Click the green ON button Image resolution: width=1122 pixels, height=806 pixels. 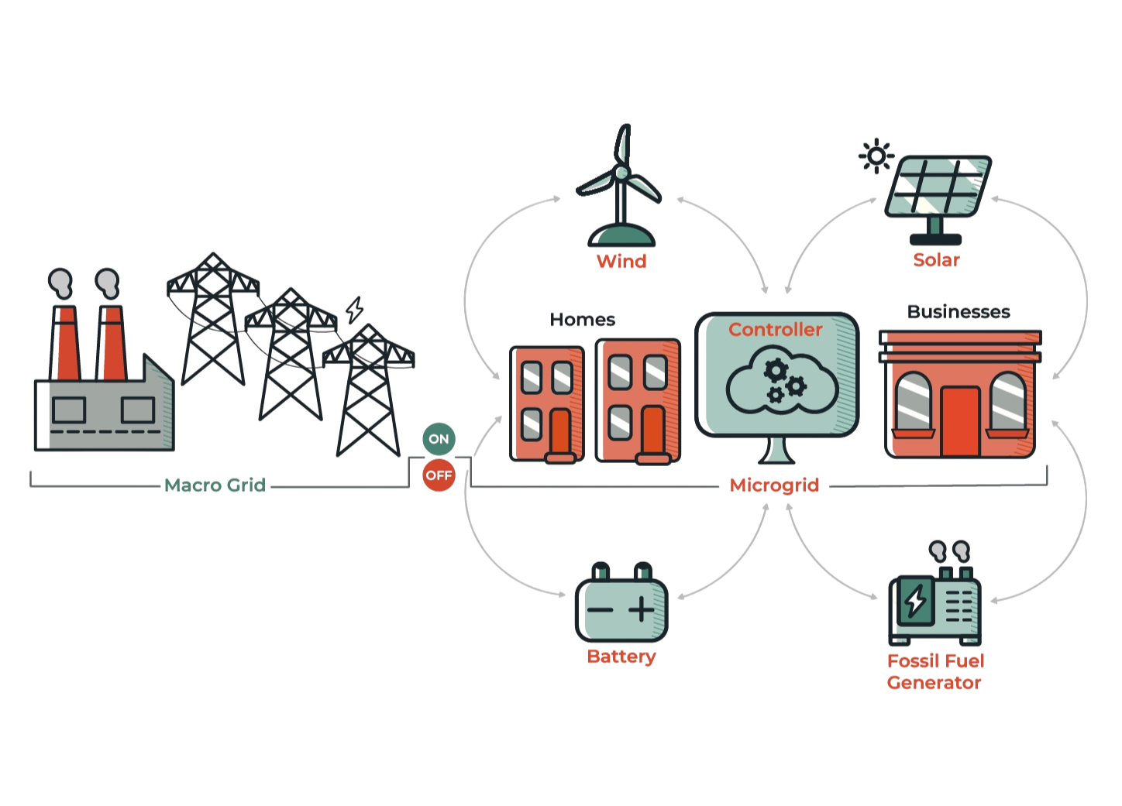[x=439, y=439]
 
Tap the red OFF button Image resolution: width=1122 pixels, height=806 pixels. [x=439, y=475]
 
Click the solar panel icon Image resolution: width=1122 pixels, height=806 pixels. [x=938, y=190]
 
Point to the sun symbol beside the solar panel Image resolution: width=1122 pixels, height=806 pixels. [x=876, y=156]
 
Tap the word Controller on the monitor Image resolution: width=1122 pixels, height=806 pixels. [x=775, y=330]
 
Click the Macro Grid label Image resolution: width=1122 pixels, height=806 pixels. [x=215, y=485]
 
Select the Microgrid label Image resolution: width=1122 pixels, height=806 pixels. [x=774, y=485]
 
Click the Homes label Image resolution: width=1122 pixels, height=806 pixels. [x=582, y=320]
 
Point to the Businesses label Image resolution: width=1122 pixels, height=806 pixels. [x=959, y=312]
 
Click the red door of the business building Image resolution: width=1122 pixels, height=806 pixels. [x=960, y=421]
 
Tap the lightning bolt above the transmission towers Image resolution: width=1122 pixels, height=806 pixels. [x=355, y=310]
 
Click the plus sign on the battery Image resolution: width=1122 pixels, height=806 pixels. [x=642, y=609]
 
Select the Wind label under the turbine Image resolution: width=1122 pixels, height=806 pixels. [x=621, y=262]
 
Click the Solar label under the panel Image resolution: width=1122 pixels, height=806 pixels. [x=936, y=260]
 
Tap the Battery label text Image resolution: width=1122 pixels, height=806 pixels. [x=621, y=657]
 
